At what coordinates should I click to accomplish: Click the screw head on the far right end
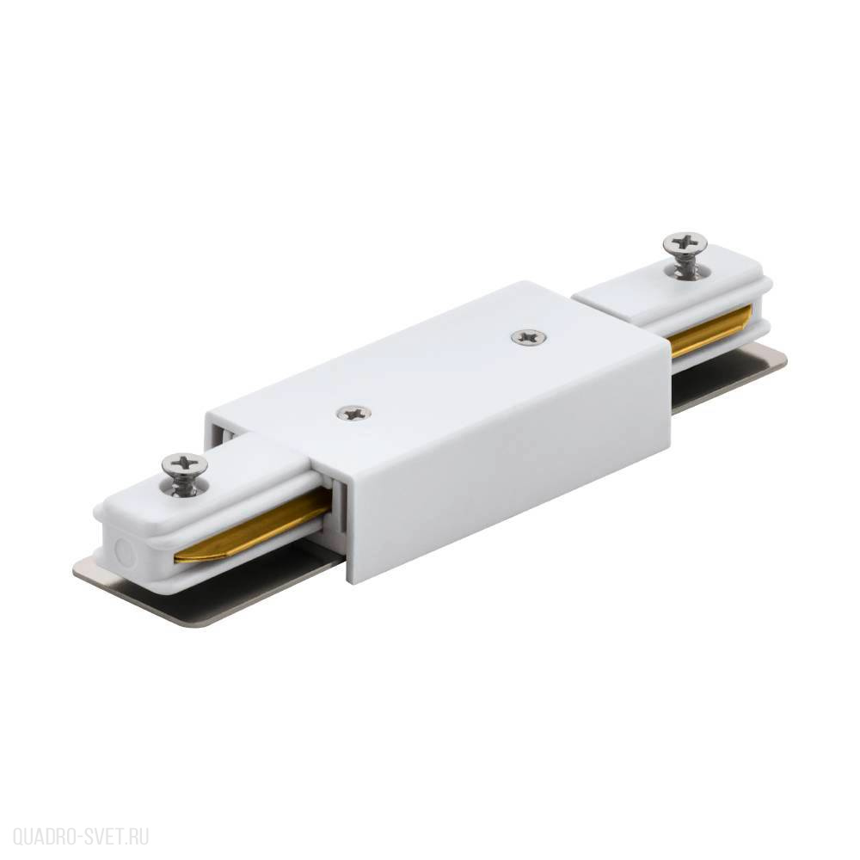(685, 243)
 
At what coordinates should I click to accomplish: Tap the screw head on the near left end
(185, 465)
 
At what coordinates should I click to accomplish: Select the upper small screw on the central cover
(528, 337)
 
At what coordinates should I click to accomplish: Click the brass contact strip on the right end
(711, 333)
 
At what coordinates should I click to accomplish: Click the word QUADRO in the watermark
(45, 838)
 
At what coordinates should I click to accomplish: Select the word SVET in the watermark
(104, 838)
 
